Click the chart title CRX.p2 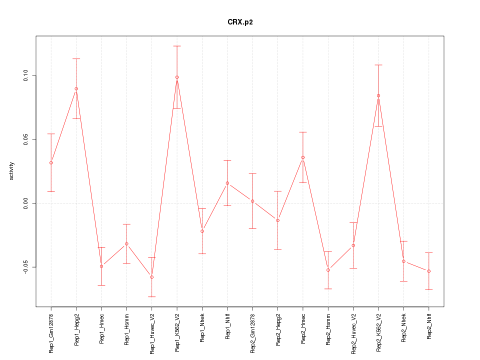[240, 22]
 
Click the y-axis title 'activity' [12, 171]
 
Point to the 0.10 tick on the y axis [26, 76]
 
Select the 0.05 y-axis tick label [26, 139]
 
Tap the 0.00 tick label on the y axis [26, 203]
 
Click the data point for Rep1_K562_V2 [177, 77]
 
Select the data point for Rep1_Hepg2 [76, 88]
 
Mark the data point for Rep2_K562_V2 [378, 95]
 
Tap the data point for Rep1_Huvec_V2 [152, 277]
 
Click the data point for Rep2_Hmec [303, 157]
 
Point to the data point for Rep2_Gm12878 [252, 201]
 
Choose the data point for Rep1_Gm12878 [51, 162]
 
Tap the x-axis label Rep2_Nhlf [429, 327]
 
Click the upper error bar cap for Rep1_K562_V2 [177, 46]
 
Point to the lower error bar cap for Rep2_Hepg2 [278, 249]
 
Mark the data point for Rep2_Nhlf [429, 271]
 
